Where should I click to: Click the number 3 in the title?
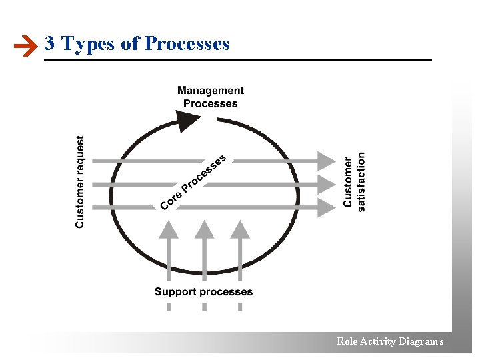(x=49, y=44)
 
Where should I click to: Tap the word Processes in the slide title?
(x=187, y=44)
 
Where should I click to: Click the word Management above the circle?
(x=211, y=91)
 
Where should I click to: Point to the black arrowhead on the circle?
(x=189, y=120)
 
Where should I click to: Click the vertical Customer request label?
(x=80, y=182)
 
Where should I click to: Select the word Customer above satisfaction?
(x=348, y=182)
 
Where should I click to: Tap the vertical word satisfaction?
(x=361, y=182)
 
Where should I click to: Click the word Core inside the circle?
(x=171, y=199)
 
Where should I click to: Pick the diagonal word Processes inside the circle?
(x=204, y=173)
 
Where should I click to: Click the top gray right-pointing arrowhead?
(x=326, y=161)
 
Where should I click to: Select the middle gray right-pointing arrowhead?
(x=326, y=184)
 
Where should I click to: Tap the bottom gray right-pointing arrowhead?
(x=326, y=207)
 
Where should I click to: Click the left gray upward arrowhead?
(x=169, y=230)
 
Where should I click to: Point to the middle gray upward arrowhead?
(x=204, y=230)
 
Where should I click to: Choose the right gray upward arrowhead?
(x=239, y=230)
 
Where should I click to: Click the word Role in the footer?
(x=347, y=341)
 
